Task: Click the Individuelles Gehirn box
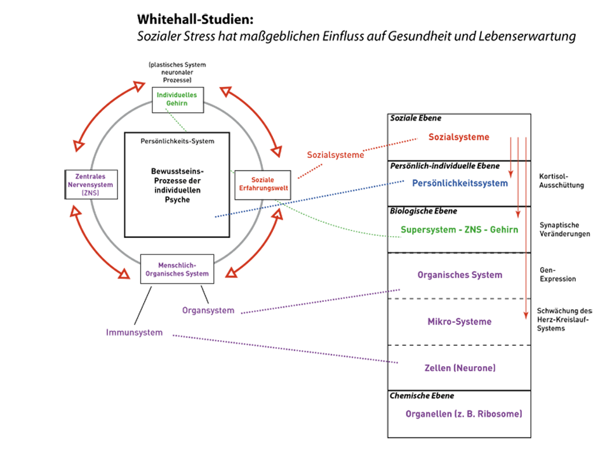coord(176,99)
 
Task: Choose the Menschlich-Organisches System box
coord(175,270)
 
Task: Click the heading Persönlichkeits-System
coord(177,141)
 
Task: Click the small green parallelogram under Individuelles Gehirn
coord(178,119)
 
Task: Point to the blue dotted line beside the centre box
coord(221,216)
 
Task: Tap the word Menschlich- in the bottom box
coord(175,265)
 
